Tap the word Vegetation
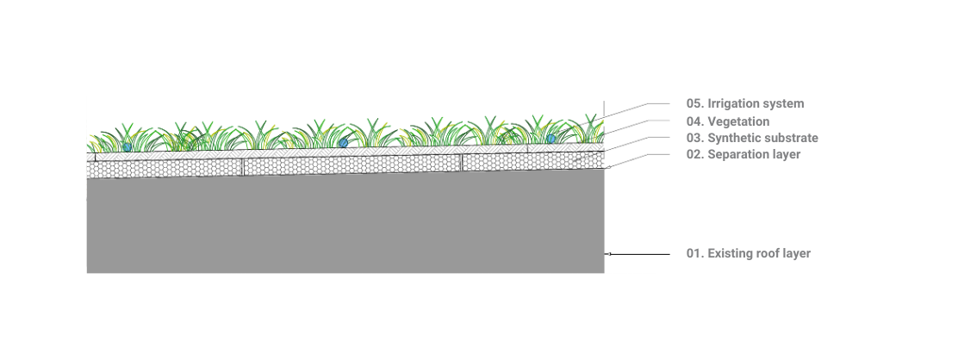click(738, 121)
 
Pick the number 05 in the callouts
click(694, 103)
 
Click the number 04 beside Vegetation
click(694, 121)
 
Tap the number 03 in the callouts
click(694, 138)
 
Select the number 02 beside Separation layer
click(694, 155)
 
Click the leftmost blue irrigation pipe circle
click(128, 147)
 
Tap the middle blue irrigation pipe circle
click(344, 142)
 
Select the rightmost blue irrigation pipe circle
click(551, 139)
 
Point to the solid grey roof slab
click(345, 227)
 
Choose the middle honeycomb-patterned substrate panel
click(351, 165)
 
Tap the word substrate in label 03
click(790, 138)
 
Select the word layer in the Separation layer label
click(785, 155)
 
